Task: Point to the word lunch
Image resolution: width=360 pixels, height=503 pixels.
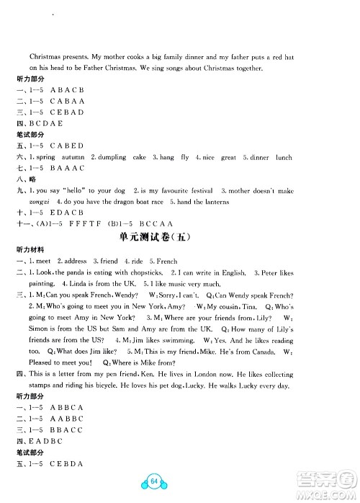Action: coord(283,157)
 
